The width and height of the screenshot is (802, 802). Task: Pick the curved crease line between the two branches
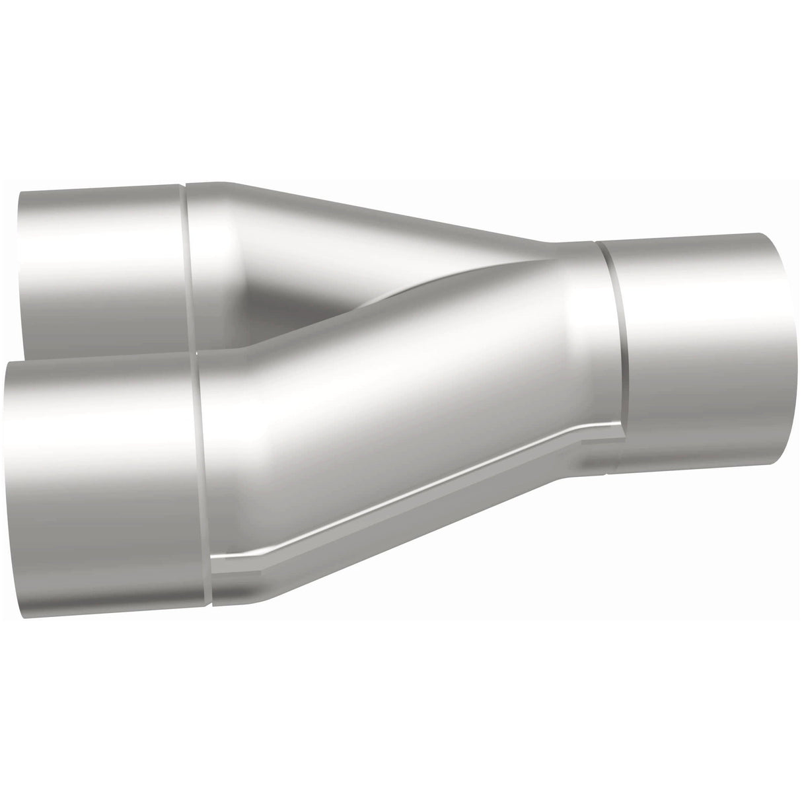click(x=396, y=297)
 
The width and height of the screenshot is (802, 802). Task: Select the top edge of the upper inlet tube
click(x=99, y=187)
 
